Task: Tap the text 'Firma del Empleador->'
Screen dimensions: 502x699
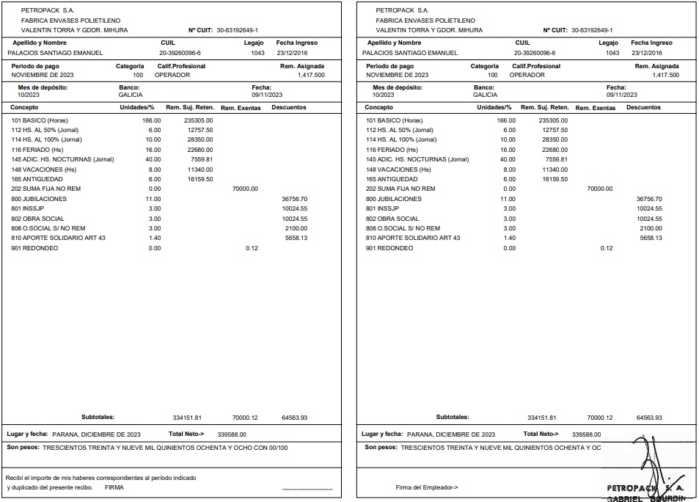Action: pos(427,487)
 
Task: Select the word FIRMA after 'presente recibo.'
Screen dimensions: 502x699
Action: pos(114,487)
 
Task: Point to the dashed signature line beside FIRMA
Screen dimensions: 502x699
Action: pos(307,488)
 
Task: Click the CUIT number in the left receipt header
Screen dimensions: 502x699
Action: pos(238,30)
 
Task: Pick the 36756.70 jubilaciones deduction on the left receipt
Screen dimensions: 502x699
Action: pos(294,199)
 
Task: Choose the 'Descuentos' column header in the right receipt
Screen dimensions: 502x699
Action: pos(643,108)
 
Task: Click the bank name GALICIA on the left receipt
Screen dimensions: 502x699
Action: pos(131,95)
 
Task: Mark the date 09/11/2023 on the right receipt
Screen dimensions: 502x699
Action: pos(621,95)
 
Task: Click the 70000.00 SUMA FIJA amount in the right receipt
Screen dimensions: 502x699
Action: pos(599,189)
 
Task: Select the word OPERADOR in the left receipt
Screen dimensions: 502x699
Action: pos(172,75)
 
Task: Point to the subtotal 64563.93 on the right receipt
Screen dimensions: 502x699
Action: pos(649,418)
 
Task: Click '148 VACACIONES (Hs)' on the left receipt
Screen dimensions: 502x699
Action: pos(44,170)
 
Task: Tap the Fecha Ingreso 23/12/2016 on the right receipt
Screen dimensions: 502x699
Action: pos(646,53)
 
